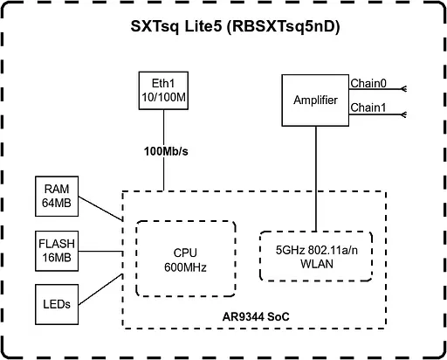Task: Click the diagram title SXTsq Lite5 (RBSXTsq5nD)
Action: coord(223,27)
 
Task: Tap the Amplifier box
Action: coord(315,100)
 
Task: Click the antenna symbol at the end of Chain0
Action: coord(404,88)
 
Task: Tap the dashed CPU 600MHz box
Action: coord(186,260)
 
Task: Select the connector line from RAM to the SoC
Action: coord(100,207)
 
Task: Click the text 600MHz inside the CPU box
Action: coord(186,267)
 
